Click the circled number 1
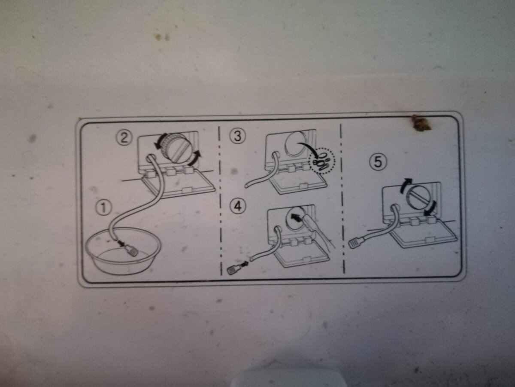[103, 208]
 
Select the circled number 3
[237, 136]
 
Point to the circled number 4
[238, 207]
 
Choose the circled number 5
[378, 162]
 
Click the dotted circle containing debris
[322, 161]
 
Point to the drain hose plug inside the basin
[132, 251]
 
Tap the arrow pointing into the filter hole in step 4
[296, 218]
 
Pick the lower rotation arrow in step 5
[432, 209]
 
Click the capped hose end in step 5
[355, 243]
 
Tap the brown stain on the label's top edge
[421, 123]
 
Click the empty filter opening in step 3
[295, 144]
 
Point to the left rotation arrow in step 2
[161, 141]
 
